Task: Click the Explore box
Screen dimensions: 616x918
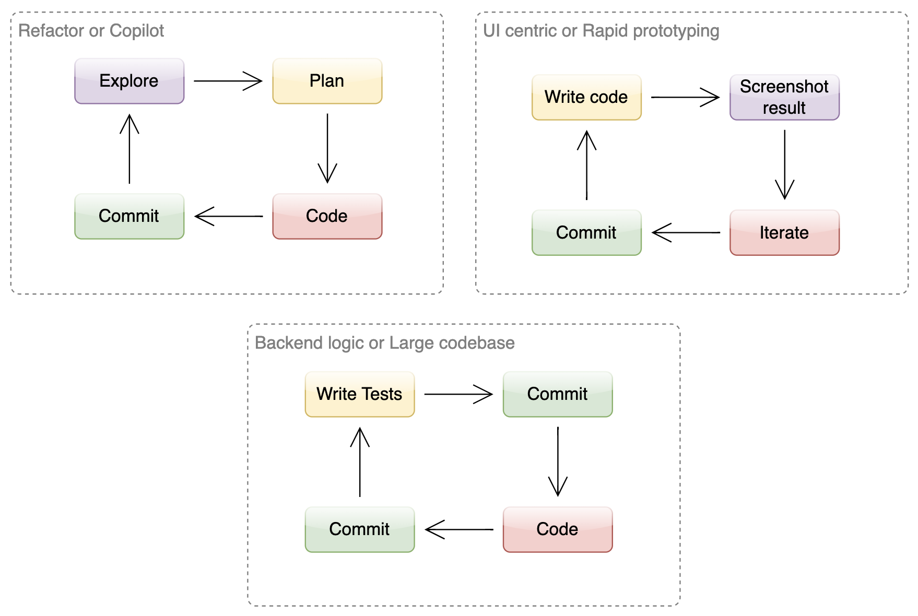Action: click(129, 81)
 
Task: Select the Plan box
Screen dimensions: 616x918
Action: click(327, 81)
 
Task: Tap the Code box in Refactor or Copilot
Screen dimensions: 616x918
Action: click(327, 216)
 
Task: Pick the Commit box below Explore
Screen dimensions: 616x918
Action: click(129, 216)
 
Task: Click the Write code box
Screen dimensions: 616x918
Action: click(586, 97)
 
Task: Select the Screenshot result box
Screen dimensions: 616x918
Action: click(784, 97)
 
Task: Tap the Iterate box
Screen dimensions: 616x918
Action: click(784, 232)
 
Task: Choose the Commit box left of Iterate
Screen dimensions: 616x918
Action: click(586, 232)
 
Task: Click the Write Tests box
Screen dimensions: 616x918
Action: click(359, 394)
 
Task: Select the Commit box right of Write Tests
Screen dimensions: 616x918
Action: click(557, 394)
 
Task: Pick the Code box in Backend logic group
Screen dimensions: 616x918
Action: click(557, 529)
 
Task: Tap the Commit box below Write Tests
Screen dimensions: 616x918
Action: click(359, 529)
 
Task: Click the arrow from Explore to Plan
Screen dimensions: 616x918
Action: click(228, 81)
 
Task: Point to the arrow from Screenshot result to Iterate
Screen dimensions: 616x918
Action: click(784, 164)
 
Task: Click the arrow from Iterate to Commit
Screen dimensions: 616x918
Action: click(686, 232)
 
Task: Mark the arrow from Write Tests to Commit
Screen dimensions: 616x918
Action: click(458, 394)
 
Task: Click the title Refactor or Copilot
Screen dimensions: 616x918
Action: click(91, 31)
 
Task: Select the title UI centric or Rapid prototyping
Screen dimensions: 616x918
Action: click(601, 31)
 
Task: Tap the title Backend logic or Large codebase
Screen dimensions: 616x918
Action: click(384, 343)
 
